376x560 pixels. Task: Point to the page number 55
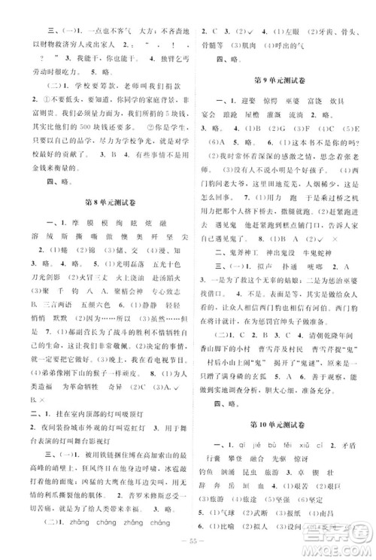click(x=189, y=548)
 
